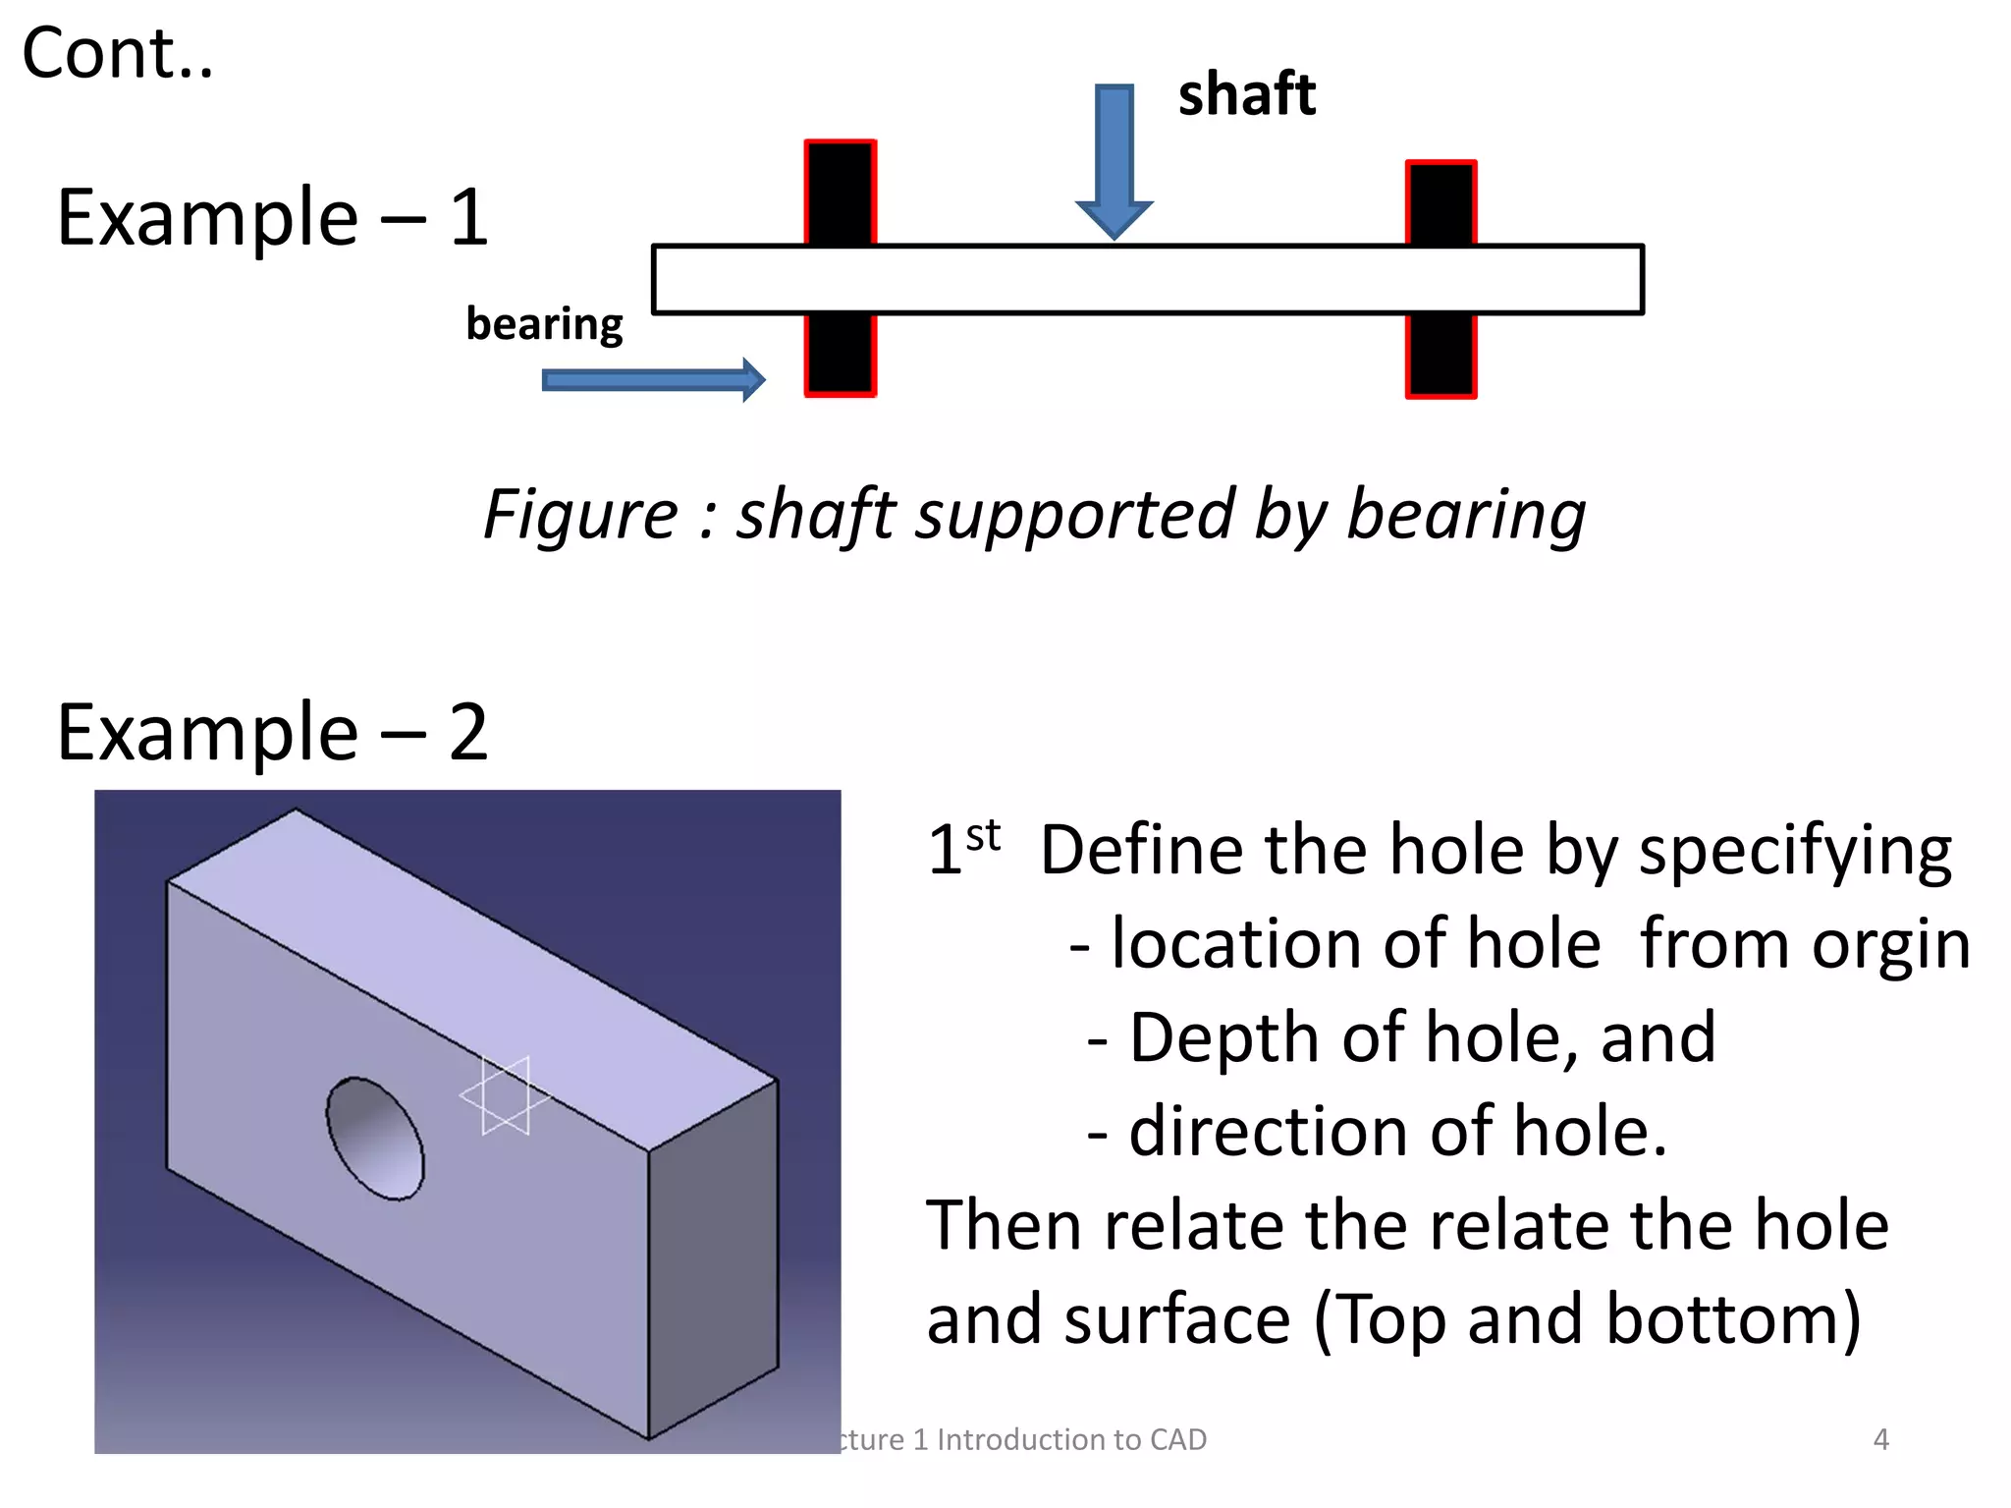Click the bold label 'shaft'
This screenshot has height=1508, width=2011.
click(1246, 95)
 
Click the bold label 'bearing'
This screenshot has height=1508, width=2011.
click(544, 324)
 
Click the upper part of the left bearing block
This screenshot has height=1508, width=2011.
click(841, 193)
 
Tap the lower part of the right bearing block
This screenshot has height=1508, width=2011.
click(1440, 355)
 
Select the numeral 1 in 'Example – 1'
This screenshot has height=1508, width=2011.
click(469, 218)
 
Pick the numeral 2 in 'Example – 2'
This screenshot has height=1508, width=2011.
click(468, 733)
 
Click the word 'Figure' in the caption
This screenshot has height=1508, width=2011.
click(580, 515)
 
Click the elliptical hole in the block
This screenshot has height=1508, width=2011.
click(375, 1139)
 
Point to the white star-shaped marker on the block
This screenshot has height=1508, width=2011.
click(505, 1096)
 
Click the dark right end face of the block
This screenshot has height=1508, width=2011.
click(713, 1258)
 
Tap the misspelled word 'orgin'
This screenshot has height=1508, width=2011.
click(1890, 945)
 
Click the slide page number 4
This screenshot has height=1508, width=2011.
click(1880, 1439)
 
